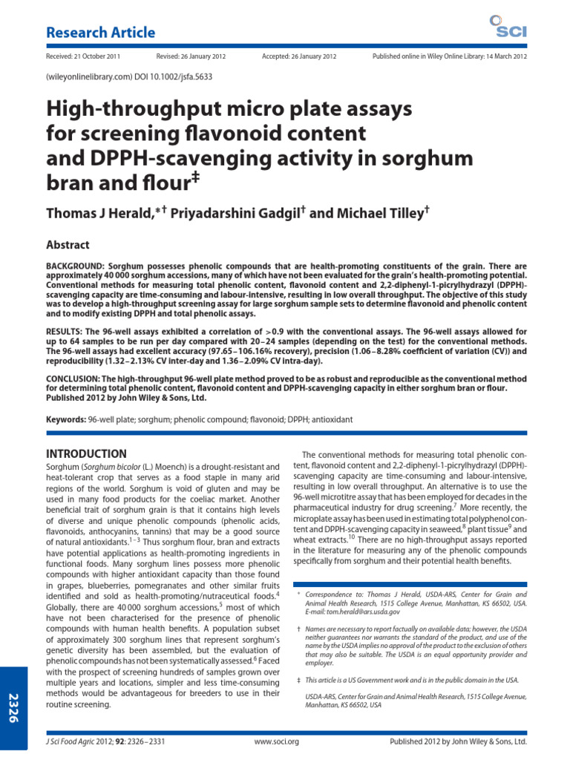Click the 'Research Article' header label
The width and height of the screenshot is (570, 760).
(x=100, y=33)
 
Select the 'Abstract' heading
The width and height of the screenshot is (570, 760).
(x=68, y=245)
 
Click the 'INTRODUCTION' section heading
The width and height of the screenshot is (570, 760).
(x=86, y=453)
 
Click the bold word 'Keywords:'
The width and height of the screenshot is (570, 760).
(x=66, y=420)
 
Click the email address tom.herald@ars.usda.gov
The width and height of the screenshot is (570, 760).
(x=353, y=612)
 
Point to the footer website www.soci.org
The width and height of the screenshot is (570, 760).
(x=276, y=741)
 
